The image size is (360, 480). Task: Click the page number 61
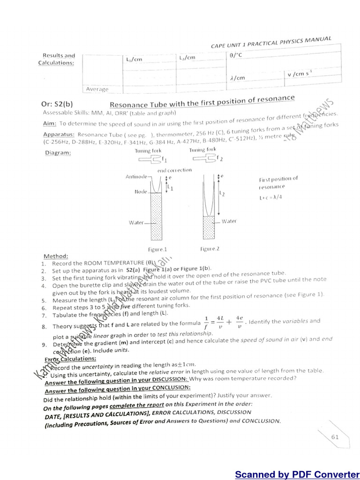(335, 437)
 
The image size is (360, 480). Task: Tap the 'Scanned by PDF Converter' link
(297, 474)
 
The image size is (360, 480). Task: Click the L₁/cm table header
(134, 60)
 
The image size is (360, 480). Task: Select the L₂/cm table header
(187, 57)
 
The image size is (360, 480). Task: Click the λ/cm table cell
(238, 78)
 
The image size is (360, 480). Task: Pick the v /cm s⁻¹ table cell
(299, 74)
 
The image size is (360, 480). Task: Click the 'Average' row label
(97, 89)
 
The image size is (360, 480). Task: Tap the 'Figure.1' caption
(156, 249)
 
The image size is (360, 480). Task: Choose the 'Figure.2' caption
(209, 248)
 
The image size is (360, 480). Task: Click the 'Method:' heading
(56, 256)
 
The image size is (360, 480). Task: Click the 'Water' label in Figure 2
(229, 221)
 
